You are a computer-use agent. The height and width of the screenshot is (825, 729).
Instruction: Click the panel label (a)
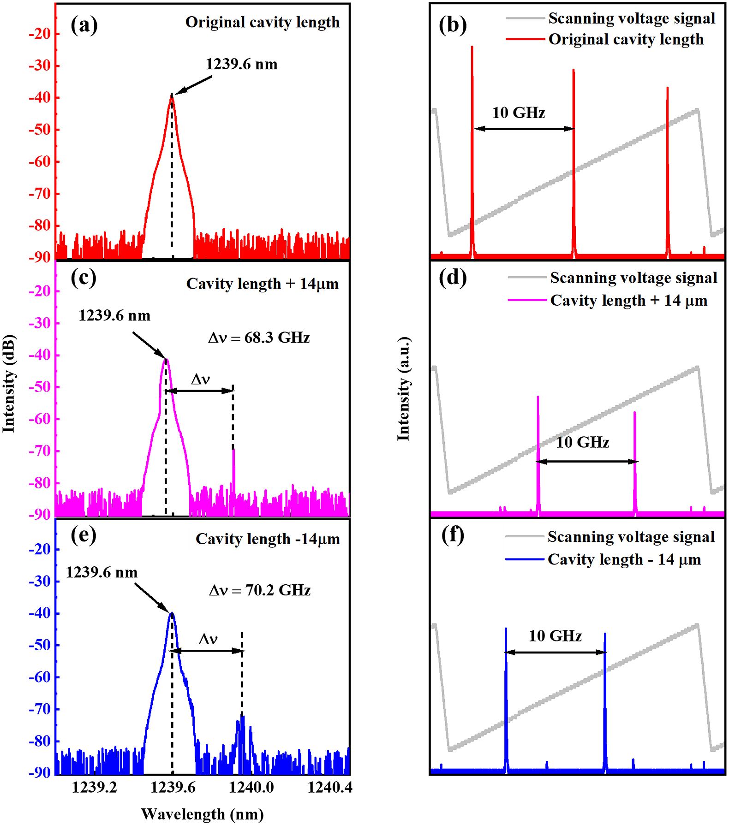click(84, 25)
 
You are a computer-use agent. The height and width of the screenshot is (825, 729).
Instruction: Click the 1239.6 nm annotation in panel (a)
click(241, 64)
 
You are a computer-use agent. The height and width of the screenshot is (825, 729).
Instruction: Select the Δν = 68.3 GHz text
click(259, 338)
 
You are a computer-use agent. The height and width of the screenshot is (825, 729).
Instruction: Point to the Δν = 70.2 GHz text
click(260, 590)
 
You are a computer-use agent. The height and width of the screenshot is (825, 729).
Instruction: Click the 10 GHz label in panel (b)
click(519, 113)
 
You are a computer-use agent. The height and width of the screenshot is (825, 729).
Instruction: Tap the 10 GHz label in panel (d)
click(582, 442)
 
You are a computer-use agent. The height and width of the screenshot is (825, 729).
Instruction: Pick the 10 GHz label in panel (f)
click(555, 636)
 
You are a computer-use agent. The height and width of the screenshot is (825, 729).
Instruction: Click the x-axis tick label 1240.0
click(251, 787)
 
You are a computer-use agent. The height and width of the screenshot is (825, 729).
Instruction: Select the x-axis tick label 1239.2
click(94, 787)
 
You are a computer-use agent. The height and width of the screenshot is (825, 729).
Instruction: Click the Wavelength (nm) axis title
click(202, 814)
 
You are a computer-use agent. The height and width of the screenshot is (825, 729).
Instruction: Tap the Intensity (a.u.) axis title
click(403, 388)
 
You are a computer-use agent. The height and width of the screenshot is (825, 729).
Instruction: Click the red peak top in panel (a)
click(172, 96)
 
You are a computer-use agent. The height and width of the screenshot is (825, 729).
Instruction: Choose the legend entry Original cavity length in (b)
click(626, 39)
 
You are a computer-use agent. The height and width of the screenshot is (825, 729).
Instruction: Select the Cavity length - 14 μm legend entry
click(624, 559)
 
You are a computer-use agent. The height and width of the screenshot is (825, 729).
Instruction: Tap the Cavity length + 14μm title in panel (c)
click(262, 284)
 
